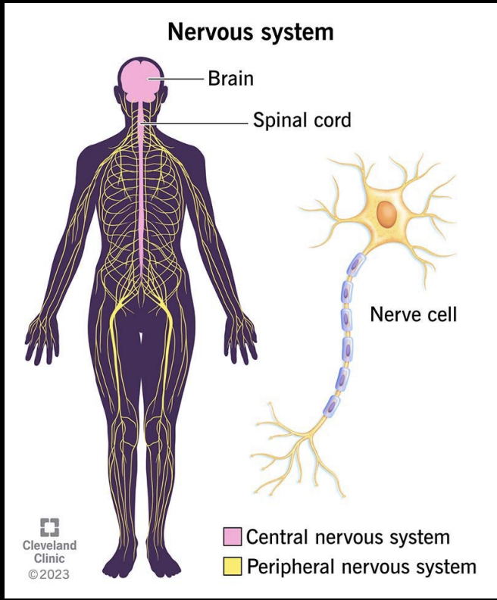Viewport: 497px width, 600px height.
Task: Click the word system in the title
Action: [x=295, y=33]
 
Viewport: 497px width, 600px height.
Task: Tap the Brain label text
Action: [x=230, y=78]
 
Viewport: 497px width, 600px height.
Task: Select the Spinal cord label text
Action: [x=302, y=120]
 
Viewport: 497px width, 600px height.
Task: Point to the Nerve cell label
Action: [x=413, y=314]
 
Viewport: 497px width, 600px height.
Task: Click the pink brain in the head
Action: [x=141, y=80]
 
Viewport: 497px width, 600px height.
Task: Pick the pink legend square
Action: [x=231, y=537]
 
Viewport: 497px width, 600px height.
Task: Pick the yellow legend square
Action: [x=231, y=565]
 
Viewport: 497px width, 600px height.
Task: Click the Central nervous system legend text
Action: [x=348, y=537]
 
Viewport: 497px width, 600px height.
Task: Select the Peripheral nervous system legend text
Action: [x=361, y=565]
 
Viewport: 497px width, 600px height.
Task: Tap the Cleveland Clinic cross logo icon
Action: [x=49, y=527]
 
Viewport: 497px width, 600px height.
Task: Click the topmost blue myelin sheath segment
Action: [x=355, y=265]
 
